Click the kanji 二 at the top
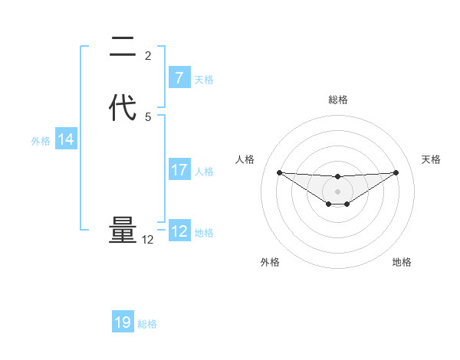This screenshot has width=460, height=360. (x=122, y=51)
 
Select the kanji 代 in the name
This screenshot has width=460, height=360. (x=122, y=107)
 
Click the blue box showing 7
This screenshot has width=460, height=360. (x=179, y=78)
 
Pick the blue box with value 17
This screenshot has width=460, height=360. (x=179, y=170)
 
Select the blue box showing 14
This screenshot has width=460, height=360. (x=65, y=139)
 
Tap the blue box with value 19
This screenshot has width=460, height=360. (x=123, y=322)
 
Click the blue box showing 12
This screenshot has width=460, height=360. (x=179, y=231)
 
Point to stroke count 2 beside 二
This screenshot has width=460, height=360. (x=148, y=56)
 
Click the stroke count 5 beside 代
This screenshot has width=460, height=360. (x=148, y=117)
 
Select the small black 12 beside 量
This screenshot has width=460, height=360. (x=148, y=240)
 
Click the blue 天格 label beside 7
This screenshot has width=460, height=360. (x=204, y=80)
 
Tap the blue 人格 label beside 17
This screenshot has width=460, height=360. (x=204, y=172)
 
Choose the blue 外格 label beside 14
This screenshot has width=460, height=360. (x=41, y=141)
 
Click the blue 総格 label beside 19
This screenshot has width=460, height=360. (x=147, y=324)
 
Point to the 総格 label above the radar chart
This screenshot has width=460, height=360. (x=337, y=100)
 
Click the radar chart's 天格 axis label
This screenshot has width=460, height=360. (x=431, y=159)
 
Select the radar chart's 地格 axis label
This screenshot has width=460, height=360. (x=402, y=262)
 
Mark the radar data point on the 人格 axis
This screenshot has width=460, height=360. (x=279, y=172)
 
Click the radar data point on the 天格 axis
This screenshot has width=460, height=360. (x=396, y=172)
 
